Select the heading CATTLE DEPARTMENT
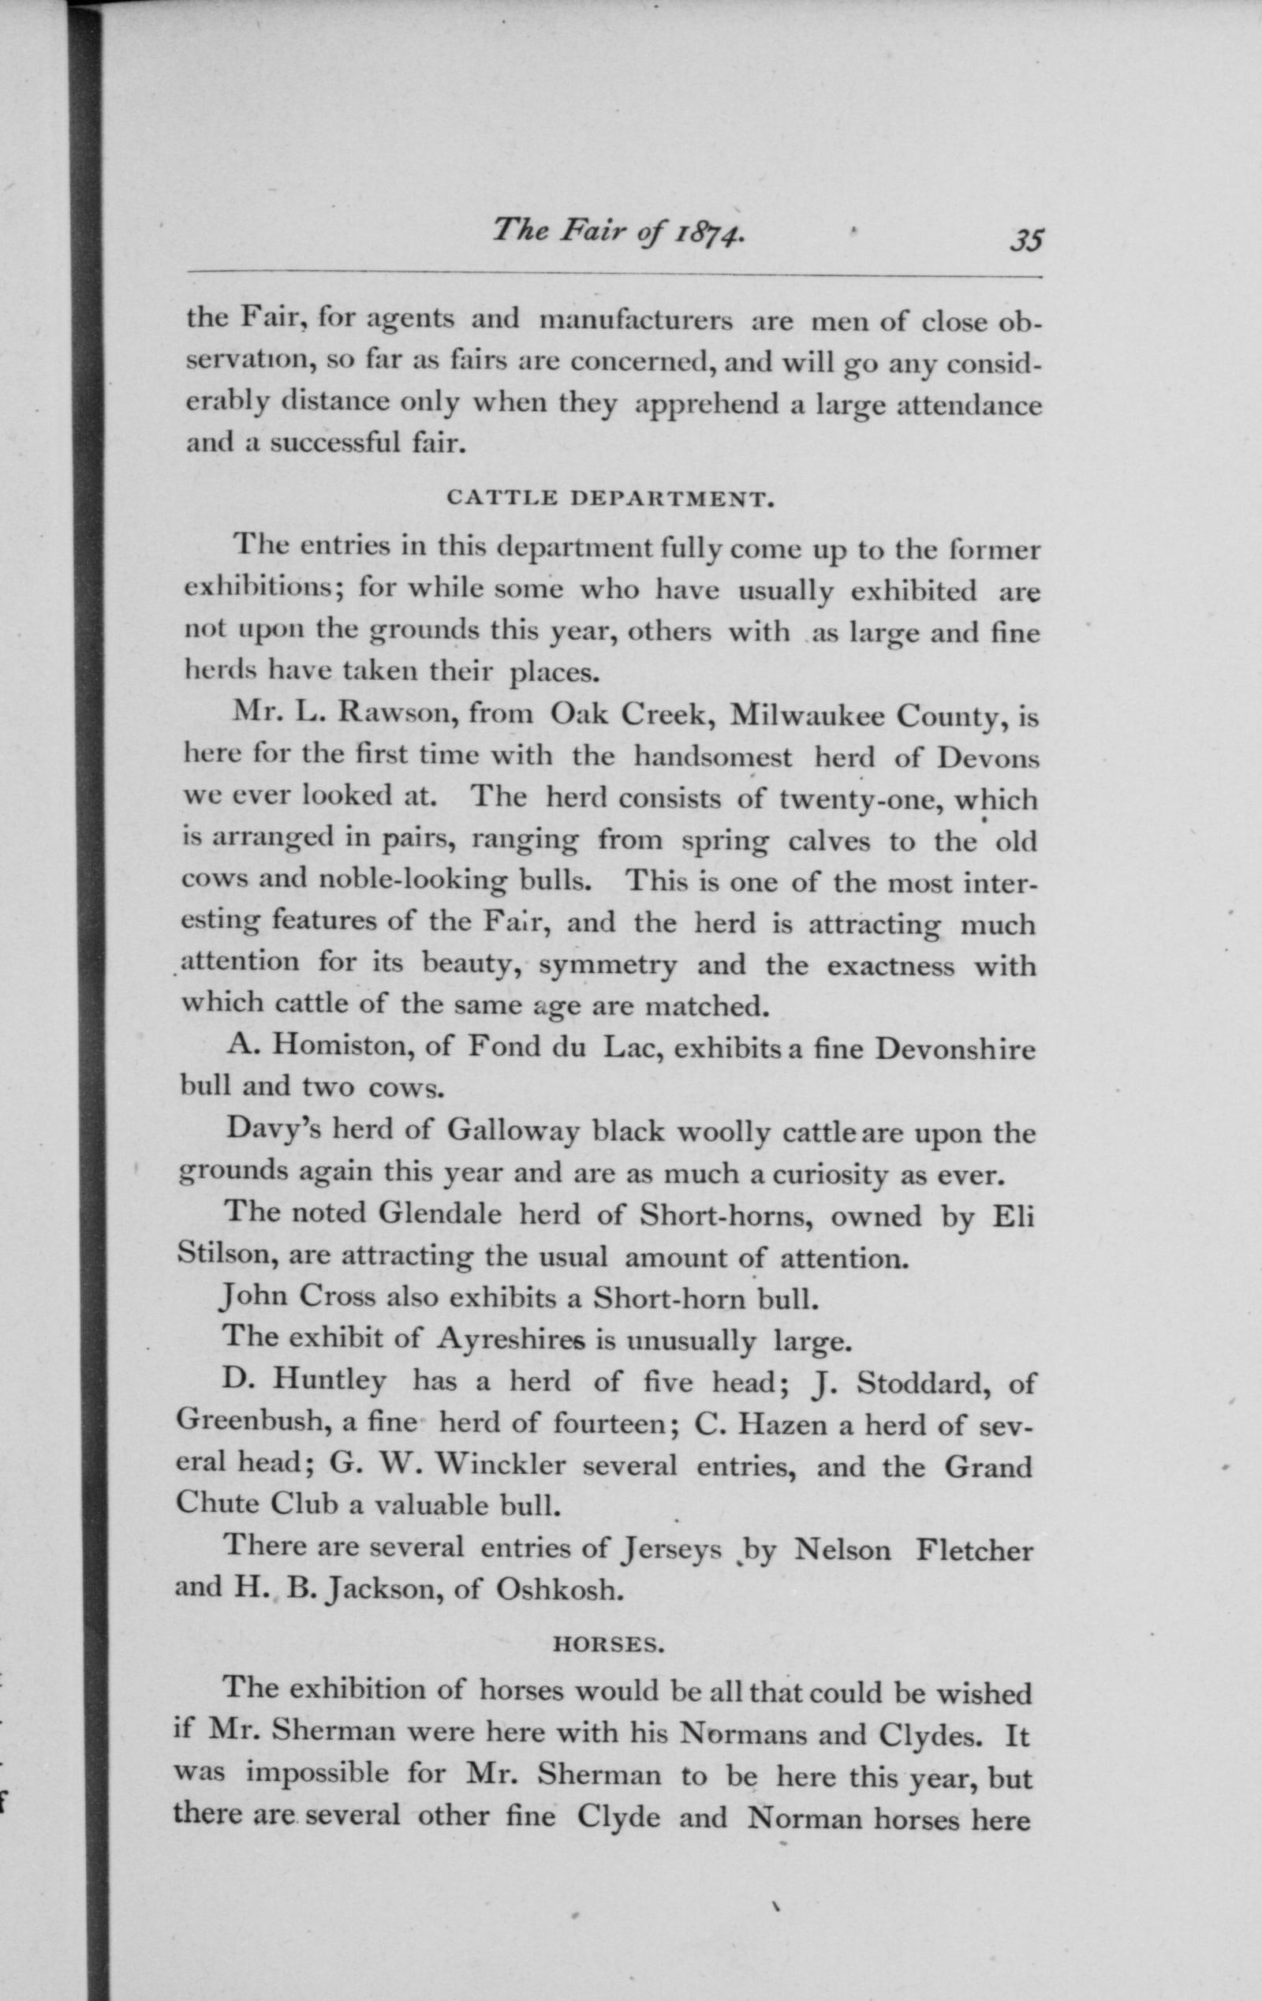[610, 499]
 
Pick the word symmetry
[609, 966]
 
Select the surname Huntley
[330, 1381]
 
